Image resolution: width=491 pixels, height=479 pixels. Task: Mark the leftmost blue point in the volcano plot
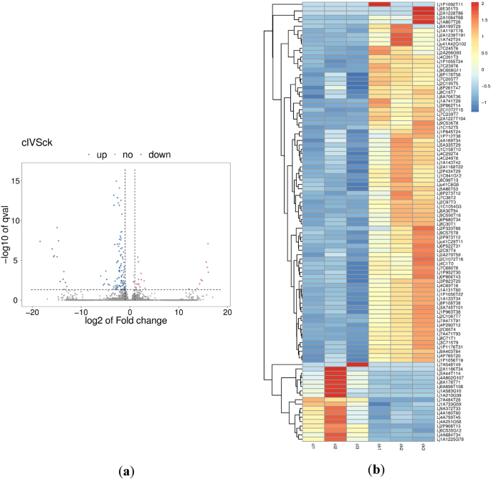tap(40, 242)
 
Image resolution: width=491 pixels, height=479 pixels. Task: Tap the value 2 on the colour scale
tap(482, 4)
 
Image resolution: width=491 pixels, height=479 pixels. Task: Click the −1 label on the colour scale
tap(484, 102)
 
